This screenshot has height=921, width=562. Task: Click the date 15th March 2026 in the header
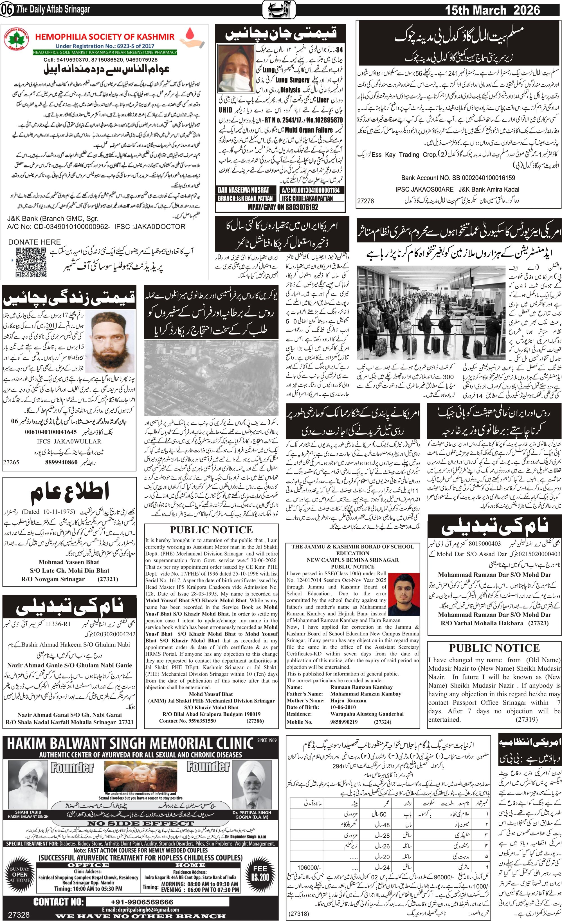pyautogui.click(x=492, y=10)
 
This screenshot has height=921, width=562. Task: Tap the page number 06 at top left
pyautogui.click(x=7, y=10)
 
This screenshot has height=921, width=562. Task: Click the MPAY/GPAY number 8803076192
pyautogui.click(x=283, y=207)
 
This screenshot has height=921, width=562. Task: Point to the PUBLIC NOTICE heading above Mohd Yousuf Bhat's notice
pyautogui.click(x=211, y=530)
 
